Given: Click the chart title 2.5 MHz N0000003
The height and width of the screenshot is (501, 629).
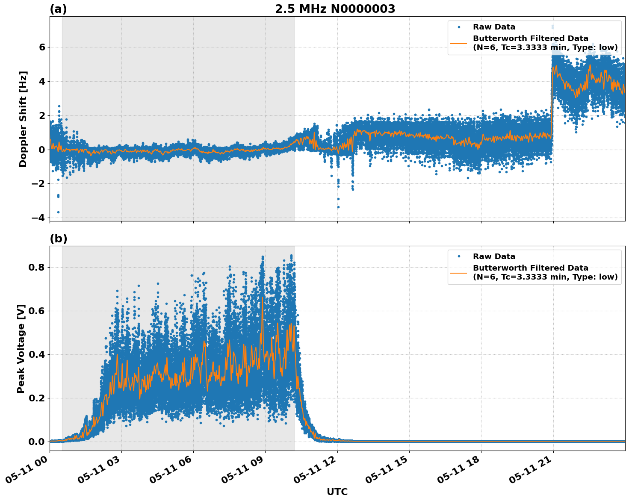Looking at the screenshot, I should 335,9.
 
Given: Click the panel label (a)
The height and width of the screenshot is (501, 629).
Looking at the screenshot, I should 58,9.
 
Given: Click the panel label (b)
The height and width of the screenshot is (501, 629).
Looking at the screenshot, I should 58,239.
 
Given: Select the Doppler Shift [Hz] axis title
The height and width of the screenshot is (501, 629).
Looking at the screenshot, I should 23,119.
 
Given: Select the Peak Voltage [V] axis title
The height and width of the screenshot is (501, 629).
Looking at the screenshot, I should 21,348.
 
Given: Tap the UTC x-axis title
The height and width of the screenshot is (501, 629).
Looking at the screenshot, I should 337,492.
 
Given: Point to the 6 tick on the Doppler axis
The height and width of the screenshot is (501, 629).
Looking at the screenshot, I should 42,47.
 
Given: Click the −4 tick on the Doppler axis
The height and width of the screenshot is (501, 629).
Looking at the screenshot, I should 38,218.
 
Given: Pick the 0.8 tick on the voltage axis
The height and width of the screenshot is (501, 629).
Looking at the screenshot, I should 37,268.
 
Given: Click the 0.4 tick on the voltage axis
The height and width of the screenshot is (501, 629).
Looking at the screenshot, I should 37,354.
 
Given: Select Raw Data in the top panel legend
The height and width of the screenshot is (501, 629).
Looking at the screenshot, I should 494,27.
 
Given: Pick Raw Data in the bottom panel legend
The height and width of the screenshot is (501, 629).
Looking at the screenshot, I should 494,256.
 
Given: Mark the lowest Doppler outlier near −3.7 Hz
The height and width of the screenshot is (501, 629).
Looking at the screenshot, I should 58,212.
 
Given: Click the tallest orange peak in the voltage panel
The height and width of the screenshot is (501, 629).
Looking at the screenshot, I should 263,298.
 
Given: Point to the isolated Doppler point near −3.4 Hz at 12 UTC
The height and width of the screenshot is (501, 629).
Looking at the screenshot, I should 338,207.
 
